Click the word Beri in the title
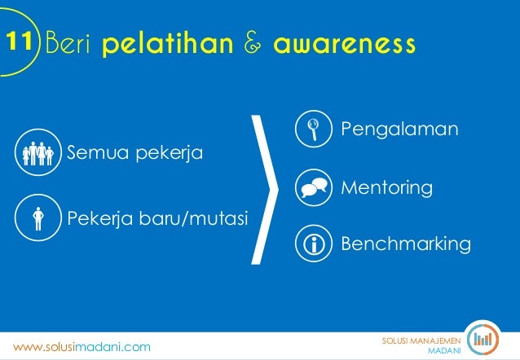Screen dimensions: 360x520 coord(68,41)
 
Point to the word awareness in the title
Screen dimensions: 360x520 coord(344,41)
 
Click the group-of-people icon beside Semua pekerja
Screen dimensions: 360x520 coord(38,151)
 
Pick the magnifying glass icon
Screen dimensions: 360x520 coord(314,129)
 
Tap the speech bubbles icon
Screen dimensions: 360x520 coord(314,187)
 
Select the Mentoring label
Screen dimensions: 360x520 coord(386,187)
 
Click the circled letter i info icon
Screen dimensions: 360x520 coord(314,244)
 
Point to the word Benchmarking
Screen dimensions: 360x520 coord(405,244)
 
